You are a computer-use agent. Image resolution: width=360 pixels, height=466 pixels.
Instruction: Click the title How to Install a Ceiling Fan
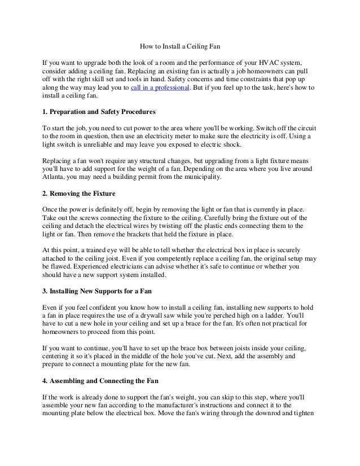(179, 46)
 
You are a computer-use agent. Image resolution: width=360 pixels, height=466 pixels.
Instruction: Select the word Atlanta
(55, 177)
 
